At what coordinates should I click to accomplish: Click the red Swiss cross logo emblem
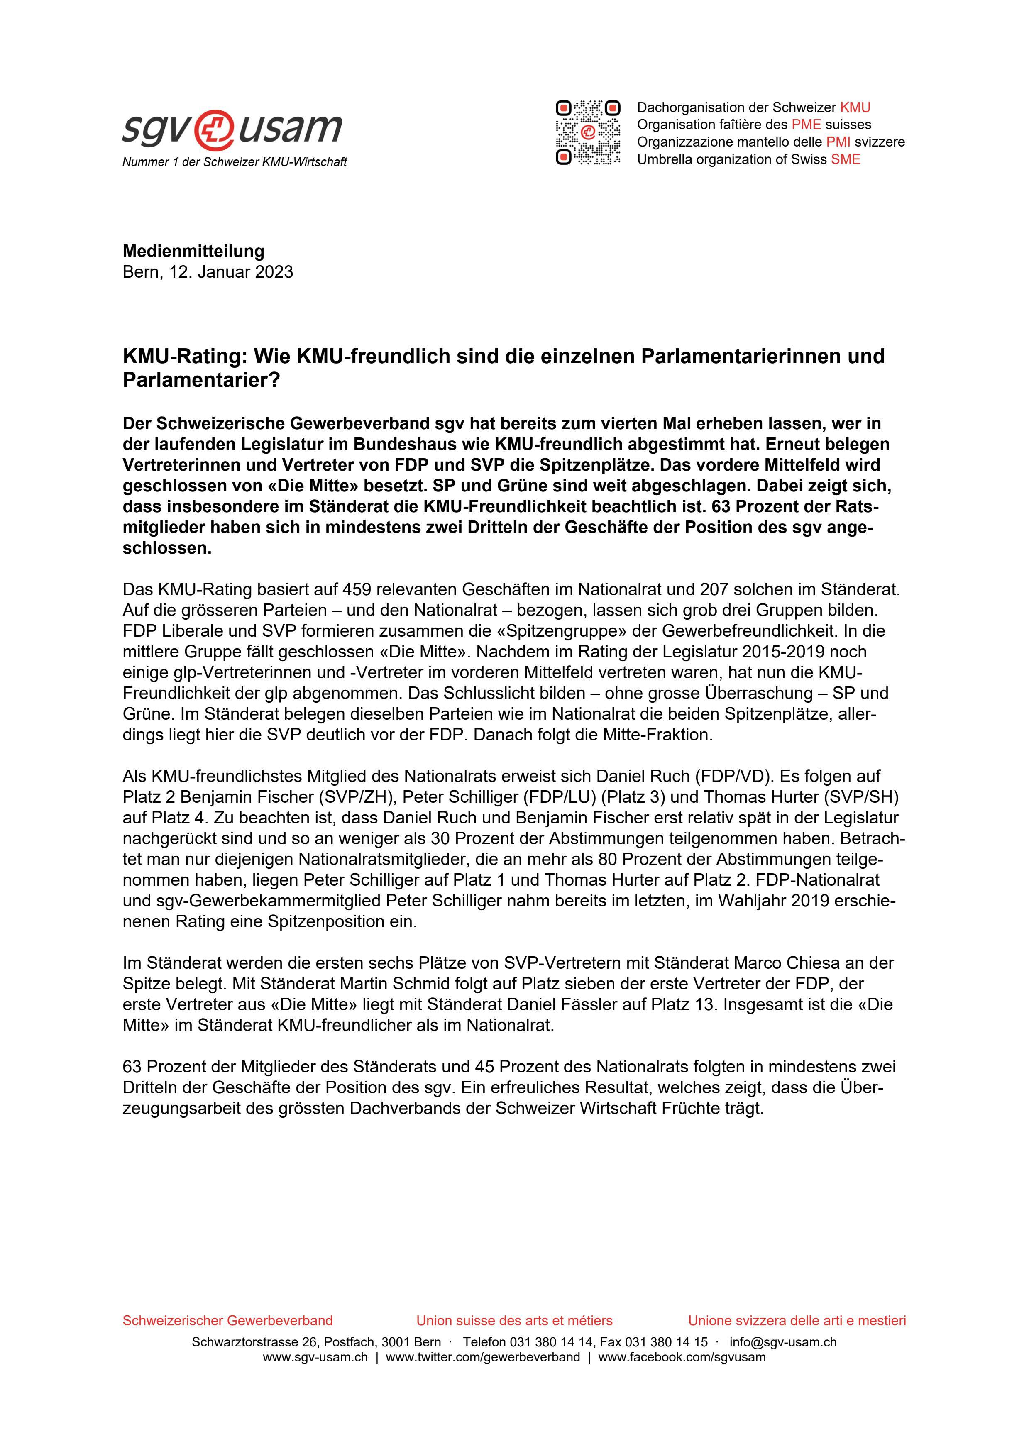point(216,128)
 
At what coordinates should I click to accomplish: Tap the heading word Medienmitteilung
point(193,251)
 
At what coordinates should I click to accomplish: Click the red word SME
point(846,159)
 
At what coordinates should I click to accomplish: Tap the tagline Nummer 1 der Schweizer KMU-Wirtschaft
point(235,162)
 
